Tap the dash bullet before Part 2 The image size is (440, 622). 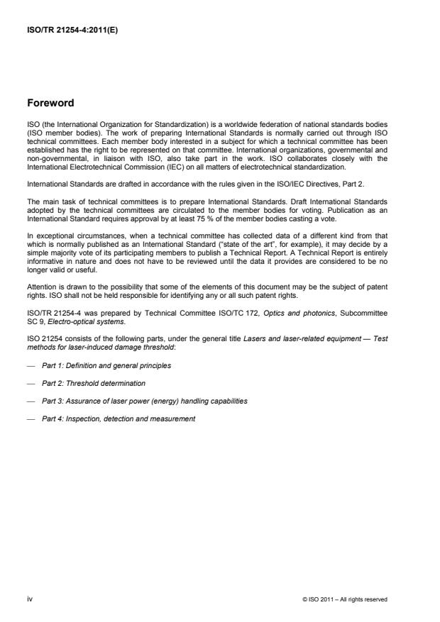pos(31,383)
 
